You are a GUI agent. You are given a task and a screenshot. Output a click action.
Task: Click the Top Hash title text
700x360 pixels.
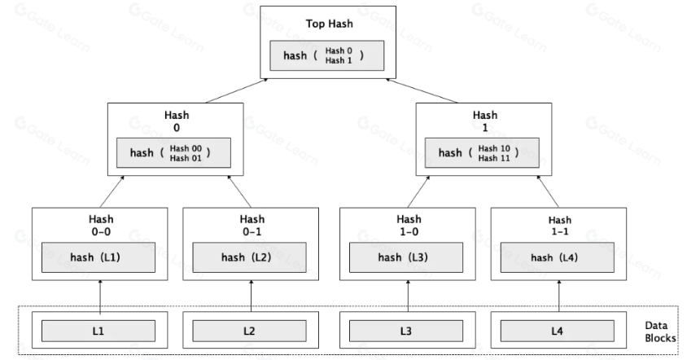(329, 24)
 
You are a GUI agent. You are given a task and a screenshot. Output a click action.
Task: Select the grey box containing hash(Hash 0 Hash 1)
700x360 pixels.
(326, 55)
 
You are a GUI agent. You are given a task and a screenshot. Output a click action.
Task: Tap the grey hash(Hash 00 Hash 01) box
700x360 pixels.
(173, 153)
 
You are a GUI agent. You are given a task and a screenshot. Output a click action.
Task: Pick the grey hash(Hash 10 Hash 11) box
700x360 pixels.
(482, 153)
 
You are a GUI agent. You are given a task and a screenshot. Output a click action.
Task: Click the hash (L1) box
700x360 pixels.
(98, 257)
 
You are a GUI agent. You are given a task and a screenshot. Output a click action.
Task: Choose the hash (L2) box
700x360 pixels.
(250, 257)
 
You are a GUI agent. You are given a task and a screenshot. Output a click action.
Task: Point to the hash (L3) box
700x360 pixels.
(406, 257)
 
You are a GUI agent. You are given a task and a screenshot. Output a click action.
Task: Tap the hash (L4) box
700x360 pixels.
(557, 257)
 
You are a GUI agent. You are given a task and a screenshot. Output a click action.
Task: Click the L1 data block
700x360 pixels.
(98, 331)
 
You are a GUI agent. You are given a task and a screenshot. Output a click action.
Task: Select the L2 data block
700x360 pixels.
(250, 331)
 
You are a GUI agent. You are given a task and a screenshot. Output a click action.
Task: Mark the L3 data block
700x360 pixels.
(406, 331)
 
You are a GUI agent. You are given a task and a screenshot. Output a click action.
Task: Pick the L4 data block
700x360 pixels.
(557, 331)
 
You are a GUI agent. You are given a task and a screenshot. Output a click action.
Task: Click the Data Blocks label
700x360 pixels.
(660, 331)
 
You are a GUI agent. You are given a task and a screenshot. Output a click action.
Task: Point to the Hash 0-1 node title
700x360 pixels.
(252, 225)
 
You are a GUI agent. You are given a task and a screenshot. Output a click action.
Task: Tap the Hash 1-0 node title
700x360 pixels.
(409, 225)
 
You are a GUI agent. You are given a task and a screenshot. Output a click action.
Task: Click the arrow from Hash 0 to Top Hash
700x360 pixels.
(237, 90)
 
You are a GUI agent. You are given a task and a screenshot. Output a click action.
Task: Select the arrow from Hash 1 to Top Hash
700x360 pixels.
(422, 90)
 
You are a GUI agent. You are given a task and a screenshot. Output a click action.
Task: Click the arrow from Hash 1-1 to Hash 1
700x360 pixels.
(548, 191)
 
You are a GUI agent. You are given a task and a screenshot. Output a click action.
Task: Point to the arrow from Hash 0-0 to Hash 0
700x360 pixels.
(112, 191)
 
